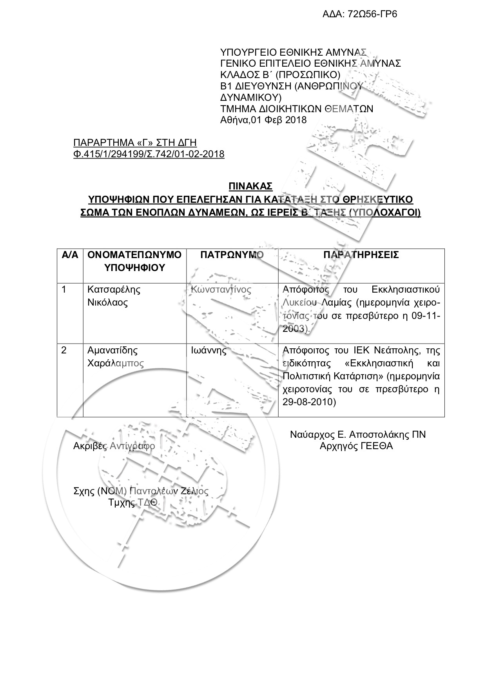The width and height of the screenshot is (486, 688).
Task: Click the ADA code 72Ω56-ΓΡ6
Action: [360, 15]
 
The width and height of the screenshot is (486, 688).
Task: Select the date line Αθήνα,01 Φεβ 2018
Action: [263, 120]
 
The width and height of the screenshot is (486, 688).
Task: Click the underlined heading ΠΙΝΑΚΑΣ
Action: [250, 185]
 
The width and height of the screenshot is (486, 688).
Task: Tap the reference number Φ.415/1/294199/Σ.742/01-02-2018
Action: [149, 154]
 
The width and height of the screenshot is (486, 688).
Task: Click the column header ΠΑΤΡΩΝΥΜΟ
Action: [232, 255]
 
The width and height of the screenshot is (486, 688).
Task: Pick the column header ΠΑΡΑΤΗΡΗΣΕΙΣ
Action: [361, 255]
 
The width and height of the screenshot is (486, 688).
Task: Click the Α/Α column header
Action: [70, 255]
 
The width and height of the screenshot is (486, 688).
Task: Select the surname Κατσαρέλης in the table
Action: [114, 290]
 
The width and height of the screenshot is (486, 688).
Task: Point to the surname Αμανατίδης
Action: [112, 350]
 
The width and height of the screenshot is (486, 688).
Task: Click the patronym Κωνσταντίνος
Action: [221, 290]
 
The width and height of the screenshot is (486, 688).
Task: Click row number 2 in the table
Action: [64, 350]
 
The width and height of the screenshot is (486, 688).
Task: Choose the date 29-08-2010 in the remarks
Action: [309, 402]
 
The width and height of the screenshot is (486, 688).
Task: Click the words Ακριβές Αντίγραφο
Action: [114, 446]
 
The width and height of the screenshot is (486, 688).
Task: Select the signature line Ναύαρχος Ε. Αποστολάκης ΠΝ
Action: [358, 435]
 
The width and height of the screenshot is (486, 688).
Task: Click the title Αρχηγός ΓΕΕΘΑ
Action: [356, 446]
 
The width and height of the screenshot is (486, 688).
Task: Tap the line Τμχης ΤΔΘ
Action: [133, 502]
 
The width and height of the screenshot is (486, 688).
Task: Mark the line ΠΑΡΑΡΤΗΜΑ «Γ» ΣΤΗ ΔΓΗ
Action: [135, 142]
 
